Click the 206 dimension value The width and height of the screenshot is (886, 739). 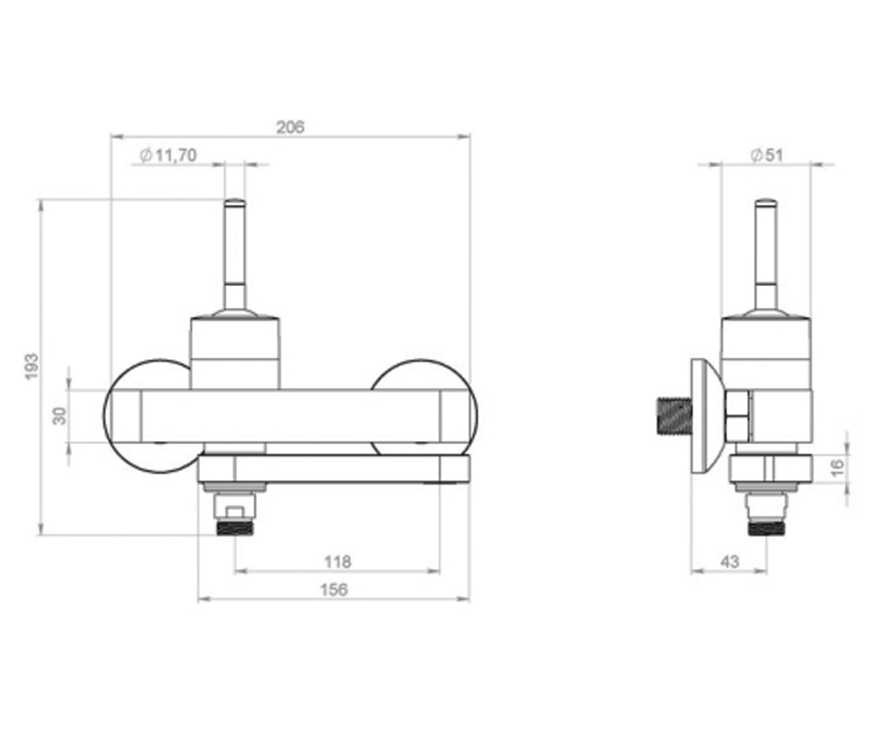290,127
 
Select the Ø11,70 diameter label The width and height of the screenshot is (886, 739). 168,155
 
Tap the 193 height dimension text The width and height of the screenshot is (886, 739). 32,367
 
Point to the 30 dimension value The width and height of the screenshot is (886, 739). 60,416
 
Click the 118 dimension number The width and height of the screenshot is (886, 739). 337,562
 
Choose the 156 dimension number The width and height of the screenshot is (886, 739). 334,590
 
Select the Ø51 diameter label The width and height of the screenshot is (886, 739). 767,155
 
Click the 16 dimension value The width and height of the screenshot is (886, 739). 837,468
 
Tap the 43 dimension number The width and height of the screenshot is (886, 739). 730,562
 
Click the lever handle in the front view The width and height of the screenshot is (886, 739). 235,257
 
